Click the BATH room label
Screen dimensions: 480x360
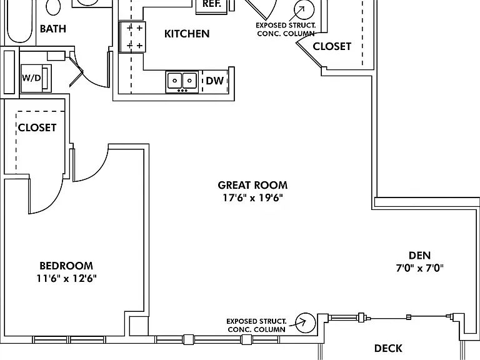coord(53,29)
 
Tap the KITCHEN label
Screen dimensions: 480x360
coord(187,34)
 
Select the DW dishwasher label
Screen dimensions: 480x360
coord(215,81)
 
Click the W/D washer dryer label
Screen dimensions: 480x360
coord(31,77)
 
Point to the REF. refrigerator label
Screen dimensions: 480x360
coord(212,4)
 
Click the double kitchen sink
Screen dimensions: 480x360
coord(182,81)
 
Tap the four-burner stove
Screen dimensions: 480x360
coord(132,37)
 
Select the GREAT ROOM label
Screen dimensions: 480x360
coord(253,185)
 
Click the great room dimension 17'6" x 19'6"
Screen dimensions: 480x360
coord(253,197)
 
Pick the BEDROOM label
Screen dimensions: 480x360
coord(66,266)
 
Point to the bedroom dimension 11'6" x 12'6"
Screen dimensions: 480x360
coord(66,278)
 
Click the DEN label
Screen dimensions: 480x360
coord(420,255)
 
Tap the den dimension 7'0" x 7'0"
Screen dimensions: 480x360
coord(420,268)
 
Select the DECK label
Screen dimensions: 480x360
coord(389,348)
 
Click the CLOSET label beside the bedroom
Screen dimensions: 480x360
coord(37,127)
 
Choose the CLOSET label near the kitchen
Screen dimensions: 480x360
coord(332,46)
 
